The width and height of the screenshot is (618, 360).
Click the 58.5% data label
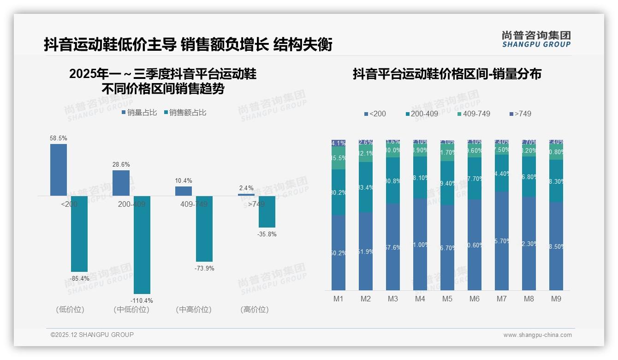[x=59, y=138]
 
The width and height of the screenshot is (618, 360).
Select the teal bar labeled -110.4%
[x=142, y=245]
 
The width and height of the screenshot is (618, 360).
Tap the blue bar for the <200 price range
[x=59, y=170]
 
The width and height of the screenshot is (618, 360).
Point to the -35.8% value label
[x=267, y=234]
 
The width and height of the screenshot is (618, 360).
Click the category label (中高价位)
[x=194, y=310]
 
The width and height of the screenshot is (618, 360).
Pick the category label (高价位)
[x=255, y=310]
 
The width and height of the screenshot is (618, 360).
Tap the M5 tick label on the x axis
[x=447, y=299]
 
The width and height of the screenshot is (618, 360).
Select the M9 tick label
[x=556, y=299]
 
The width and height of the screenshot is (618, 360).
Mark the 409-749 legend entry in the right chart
[x=474, y=114]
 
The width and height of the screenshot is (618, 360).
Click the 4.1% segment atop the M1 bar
[x=339, y=143]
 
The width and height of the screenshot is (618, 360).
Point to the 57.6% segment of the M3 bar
[x=393, y=247]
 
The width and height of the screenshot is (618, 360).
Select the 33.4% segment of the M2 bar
[x=366, y=187]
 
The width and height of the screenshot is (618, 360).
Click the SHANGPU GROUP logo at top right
[x=536, y=39]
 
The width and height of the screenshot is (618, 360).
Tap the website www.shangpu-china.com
[x=537, y=335]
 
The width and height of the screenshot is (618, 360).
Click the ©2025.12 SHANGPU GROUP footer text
[x=92, y=335]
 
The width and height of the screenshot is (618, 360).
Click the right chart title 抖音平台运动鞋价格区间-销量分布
[x=447, y=74]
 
